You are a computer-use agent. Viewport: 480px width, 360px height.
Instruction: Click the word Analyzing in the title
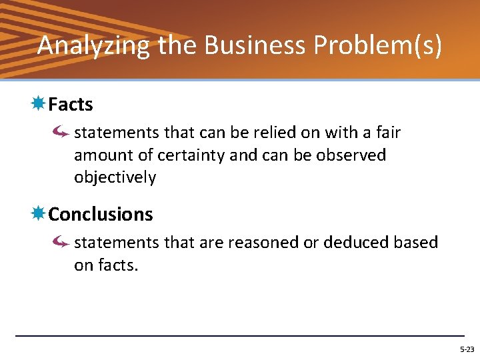(x=94, y=45)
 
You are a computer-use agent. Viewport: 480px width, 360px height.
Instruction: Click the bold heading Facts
(x=71, y=105)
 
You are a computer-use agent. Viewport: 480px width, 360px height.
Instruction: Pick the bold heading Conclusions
(x=101, y=215)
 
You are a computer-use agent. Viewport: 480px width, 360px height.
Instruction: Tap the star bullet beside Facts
(x=39, y=104)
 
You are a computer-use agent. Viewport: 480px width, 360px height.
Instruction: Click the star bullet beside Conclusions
(x=39, y=214)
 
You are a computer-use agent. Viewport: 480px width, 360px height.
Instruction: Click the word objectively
(x=115, y=178)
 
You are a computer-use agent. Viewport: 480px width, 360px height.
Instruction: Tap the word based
(x=418, y=243)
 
